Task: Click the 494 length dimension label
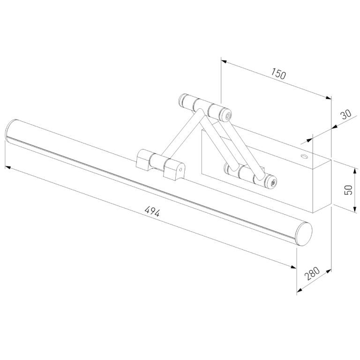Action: pyautogui.click(x=152, y=211)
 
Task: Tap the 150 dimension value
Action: pyautogui.click(x=278, y=74)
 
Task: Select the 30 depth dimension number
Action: pyautogui.click(x=346, y=114)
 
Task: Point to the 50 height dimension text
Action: pyautogui.click(x=348, y=190)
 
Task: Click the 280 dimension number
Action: pyautogui.click(x=312, y=273)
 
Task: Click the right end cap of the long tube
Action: pyautogui.click(x=304, y=234)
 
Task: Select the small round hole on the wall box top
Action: pyautogui.click(x=305, y=157)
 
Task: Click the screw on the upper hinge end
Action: pyautogui.click(x=228, y=116)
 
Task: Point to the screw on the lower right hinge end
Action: pyautogui.click(x=273, y=183)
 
